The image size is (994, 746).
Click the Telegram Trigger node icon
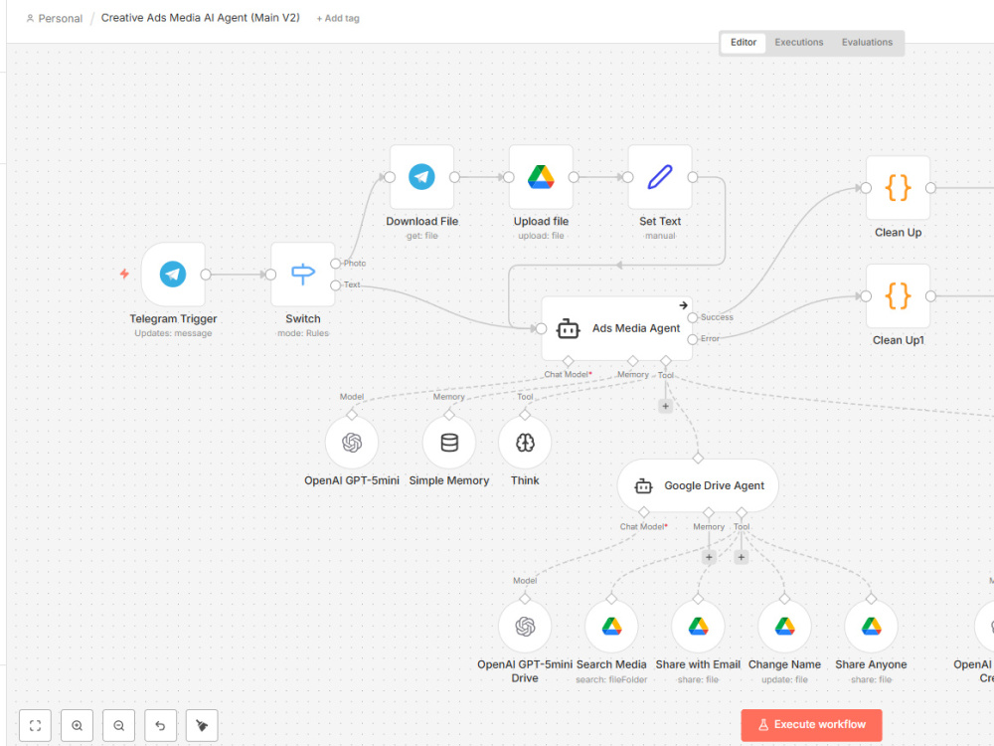click(x=172, y=275)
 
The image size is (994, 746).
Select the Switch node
click(x=302, y=275)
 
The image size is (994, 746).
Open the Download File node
click(x=421, y=177)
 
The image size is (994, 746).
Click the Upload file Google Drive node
click(x=541, y=177)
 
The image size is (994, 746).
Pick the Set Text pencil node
click(x=660, y=177)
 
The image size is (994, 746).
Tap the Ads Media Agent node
click(x=617, y=328)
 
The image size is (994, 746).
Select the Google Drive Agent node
click(x=698, y=485)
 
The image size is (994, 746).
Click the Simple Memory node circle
click(x=449, y=443)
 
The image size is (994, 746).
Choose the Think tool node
click(x=525, y=443)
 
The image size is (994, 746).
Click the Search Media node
click(x=611, y=626)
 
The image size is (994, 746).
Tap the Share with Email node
click(x=698, y=626)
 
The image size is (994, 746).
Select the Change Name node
click(x=785, y=626)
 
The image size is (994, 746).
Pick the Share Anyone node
click(x=871, y=626)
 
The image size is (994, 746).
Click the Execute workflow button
click(x=811, y=725)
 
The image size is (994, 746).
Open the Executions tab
click(x=799, y=43)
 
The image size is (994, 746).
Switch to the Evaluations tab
click(x=867, y=43)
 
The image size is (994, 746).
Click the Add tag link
click(x=338, y=18)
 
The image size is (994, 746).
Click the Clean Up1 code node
click(x=898, y=295)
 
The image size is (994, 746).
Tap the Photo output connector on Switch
click(x=335, y=264)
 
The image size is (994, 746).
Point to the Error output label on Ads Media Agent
click(x=710, y=339)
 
